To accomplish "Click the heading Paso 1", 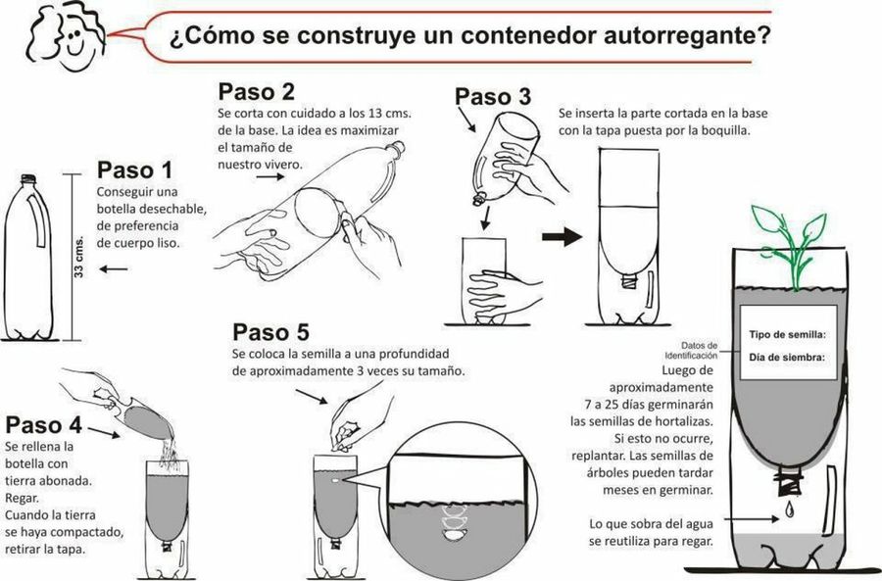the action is click(134, 169).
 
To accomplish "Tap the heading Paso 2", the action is click(256, 92).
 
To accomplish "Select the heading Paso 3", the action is click(493, 97).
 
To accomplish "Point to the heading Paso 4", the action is click(44, 425).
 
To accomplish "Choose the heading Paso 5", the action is click(271, 332).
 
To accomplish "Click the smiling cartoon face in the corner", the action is click(67, 35).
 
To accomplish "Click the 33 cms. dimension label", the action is click(78, 257).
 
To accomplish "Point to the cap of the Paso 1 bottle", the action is click(28, 179).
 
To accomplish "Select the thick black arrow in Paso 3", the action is click(562, 236).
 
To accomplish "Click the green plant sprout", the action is click(790, 246).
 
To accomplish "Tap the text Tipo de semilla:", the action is click(788, 335).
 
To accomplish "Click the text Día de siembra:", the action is click(787, 358).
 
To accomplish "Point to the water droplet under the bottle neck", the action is click(790, 509).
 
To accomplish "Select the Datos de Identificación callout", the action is click(691, 351).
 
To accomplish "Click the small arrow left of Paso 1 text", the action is click(114, 269).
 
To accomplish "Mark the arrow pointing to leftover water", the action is click(751, 519).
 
